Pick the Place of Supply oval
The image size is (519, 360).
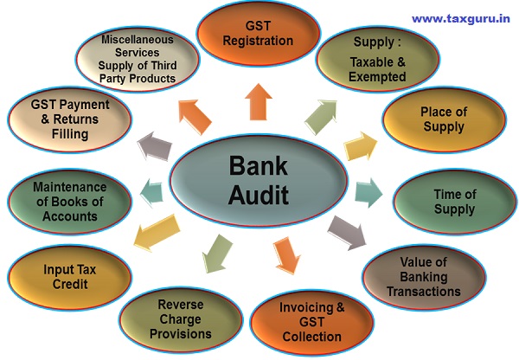tap(442, 120)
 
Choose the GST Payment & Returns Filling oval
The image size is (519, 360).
tap(69, 122)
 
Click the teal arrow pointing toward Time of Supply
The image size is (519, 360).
tap(367, 190)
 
